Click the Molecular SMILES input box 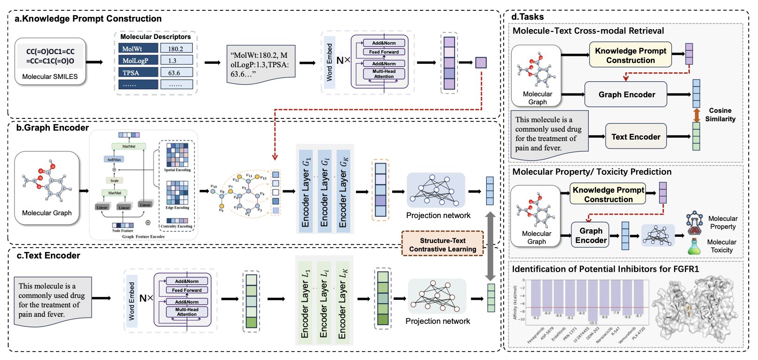pyautogui.click(x=50, y=62)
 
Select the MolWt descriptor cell pyautogui.click(x=138, y=48)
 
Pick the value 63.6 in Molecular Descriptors pyautogui.click(x=176, y=72)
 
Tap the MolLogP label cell pyautogui.click(x=138, y=61)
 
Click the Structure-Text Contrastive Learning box pyautogui.click(x=442, y=244)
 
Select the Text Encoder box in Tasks pyautogui.click(x=636, y=137)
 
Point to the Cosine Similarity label pyautogui.click(x=720, y=115)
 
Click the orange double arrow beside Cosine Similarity pyautogui.click(x=697, y=115)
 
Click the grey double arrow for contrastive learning pyautogui.click(x=490, y=245)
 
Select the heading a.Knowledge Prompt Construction pyautogui.click(x=88, y=19)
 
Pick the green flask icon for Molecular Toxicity pyautogui.click(x=694, y=246)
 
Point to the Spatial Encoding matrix pyautogui.click(x=177, y=155)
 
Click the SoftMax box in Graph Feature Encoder pyautogui.click(x=114, y=159)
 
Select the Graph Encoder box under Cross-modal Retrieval pyautogui.click(x=626, y=94)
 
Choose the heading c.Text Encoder pyautogui.click(x=48, y=256)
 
